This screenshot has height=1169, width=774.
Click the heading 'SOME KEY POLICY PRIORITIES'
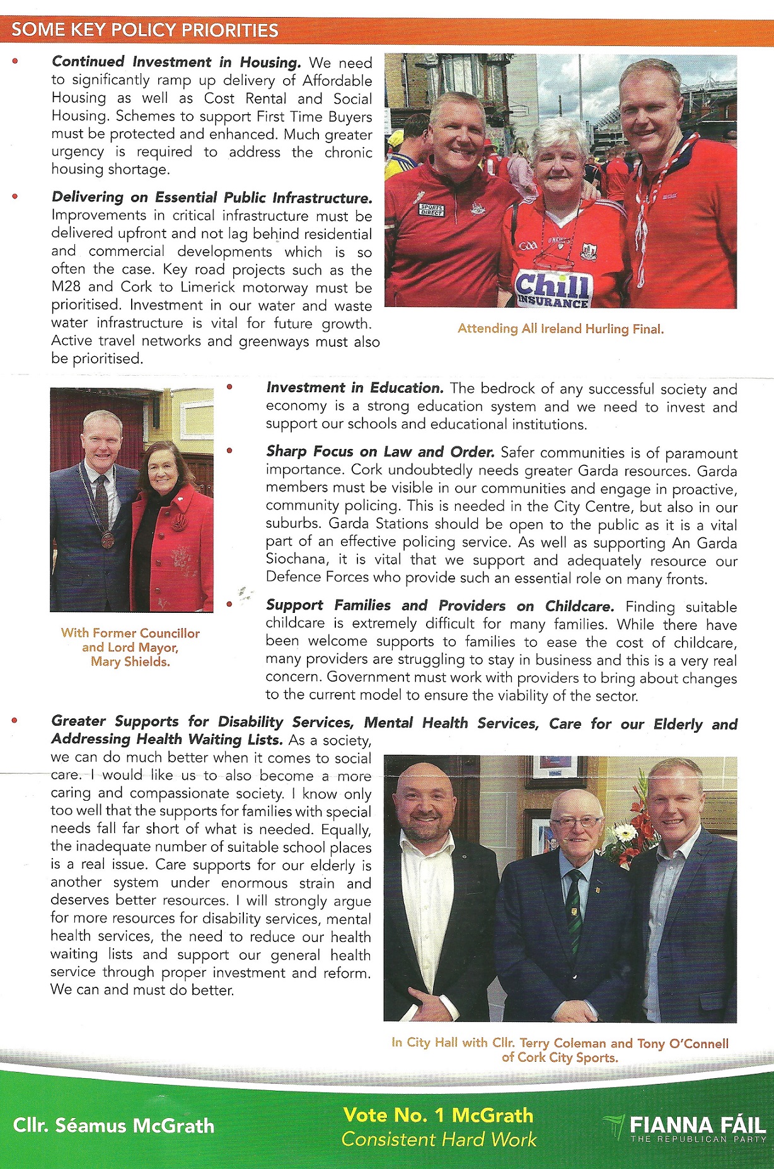tap(145, 30)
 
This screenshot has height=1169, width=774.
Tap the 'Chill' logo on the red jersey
tap(552, 285)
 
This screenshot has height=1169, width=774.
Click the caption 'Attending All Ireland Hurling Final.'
tap(560, 329)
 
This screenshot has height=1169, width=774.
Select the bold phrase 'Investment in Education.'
tap(355, 388)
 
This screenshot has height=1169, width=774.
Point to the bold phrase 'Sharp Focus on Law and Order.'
tap(380, 452)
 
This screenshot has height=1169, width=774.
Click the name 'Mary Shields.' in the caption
tap(130, 661)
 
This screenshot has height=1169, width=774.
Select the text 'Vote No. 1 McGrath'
tap(438, 1115)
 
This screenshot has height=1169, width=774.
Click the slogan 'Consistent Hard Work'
tap(439, 1139)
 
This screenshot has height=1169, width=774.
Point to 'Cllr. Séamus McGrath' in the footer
tap(113, 1125)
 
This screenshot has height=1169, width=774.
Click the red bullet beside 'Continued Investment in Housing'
tap(15, 62)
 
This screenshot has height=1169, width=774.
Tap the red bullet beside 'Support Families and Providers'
tap(229, 604)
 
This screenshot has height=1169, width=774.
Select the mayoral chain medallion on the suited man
tap(108, 540)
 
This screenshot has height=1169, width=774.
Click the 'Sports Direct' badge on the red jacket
tap(432, 209)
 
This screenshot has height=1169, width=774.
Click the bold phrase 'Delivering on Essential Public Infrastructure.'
tap(212, 197)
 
